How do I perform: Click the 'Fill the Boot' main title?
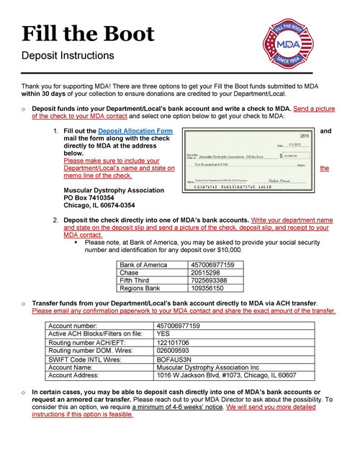click(88, 33)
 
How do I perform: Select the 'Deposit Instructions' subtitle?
click(68, 55)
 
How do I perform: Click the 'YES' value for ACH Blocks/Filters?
click(163, 333)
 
